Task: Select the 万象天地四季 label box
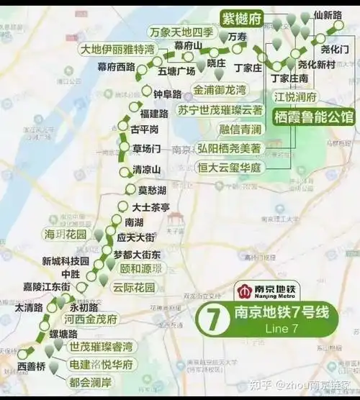[x=182, y=32]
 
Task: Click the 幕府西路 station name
[x=116, y=67]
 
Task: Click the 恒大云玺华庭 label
[x=230, y=167]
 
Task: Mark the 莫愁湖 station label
[x=153, y=191]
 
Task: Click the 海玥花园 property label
[x=67, y=235]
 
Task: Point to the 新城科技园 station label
[x=65, y=260]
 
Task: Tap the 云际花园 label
[x=134, y=287]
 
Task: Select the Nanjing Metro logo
[x=269, y=291]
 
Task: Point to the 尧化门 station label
[x=335, y=49]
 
